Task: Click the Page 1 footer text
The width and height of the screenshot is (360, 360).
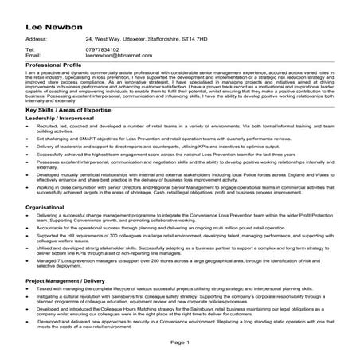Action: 180,342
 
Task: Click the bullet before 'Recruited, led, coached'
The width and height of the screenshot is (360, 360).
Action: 29,127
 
